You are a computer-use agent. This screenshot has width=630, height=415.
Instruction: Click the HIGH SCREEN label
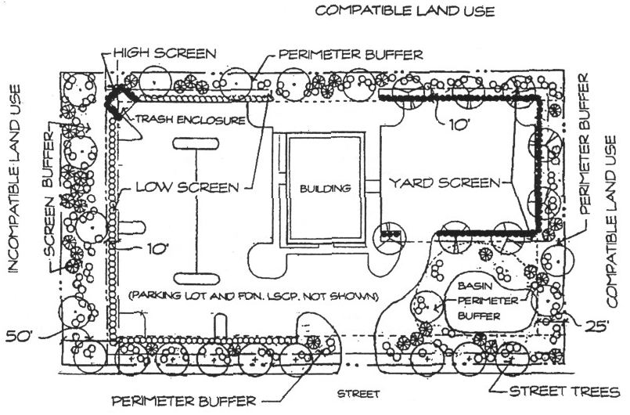pyautogui.click(x=162, y=53)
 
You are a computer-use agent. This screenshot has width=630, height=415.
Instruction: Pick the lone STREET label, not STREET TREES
pyautogui.click(x=358, y=393)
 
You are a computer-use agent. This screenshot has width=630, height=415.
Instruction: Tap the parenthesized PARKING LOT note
pyautogui.click(x=254, y=297)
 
